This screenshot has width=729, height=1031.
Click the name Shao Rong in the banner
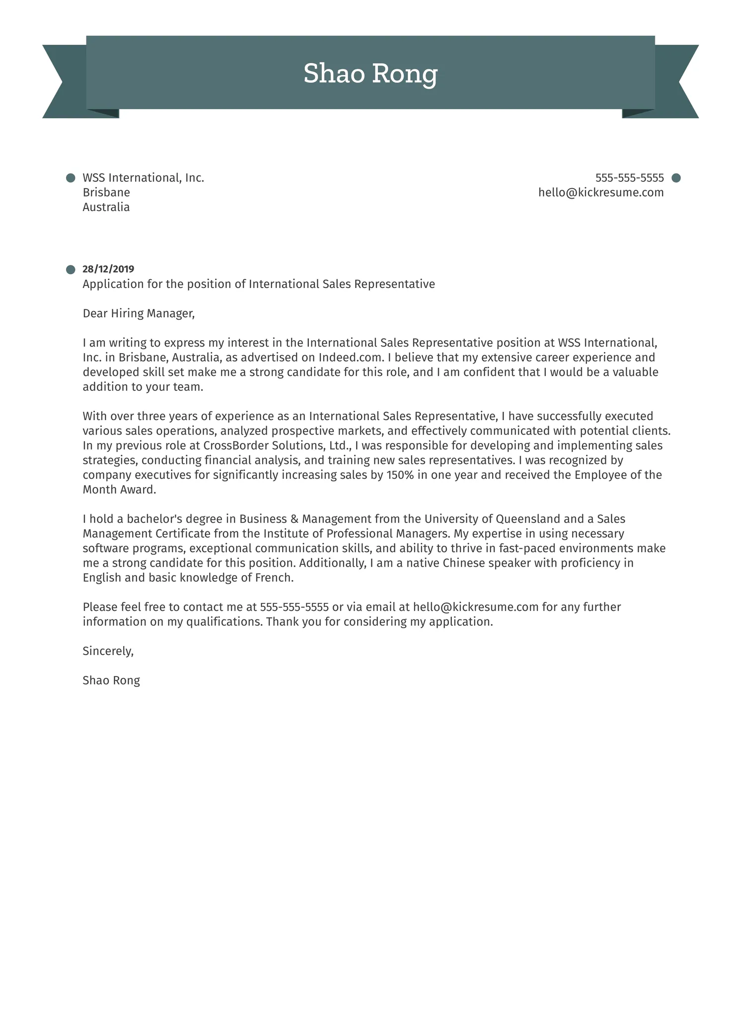click(370, 74)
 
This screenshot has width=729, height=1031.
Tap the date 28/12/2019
click(108, 269)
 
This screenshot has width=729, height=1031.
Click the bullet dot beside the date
click(71, 270)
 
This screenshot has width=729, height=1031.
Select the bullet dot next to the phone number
click(676, 178)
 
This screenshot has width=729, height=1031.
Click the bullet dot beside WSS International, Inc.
click(71, 178)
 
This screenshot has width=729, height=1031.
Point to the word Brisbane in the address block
click(106, 192)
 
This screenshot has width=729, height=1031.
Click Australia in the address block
click(106, 207)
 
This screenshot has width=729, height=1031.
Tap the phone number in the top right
click(629, 178)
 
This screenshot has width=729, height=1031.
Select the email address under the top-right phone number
click(601, 192)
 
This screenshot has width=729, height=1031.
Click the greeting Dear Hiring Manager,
click(139, 313)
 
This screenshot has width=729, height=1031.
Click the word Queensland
click(528, 519)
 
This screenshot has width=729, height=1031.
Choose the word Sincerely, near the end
click(108, 651)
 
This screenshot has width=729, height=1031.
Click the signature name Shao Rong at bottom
click(111, 680)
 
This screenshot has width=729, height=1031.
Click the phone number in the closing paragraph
click(294, 607)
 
